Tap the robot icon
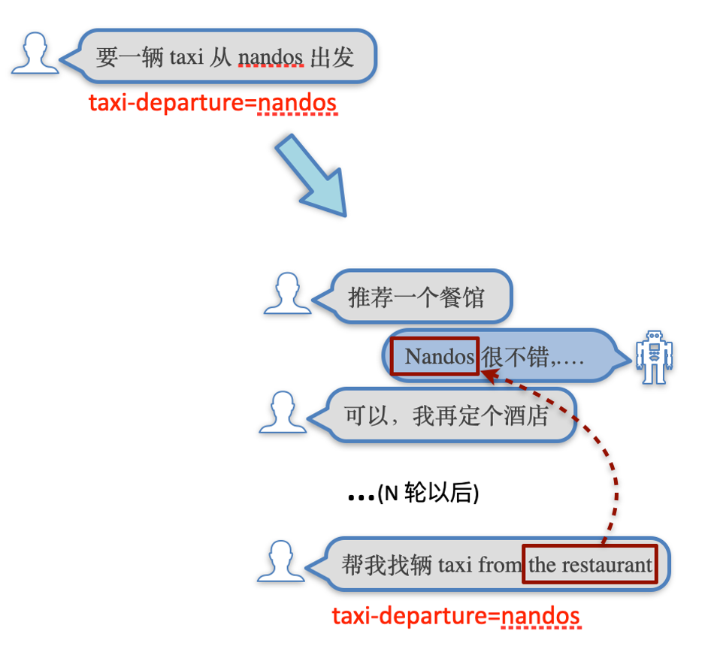pos(652,357)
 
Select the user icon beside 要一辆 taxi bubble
pos(35,54)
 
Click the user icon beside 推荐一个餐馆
pos(287,293)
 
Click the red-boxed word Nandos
pos(434,356)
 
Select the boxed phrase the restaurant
pos(590,564)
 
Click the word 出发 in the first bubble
pos(331,57)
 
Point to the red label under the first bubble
pos(213,102)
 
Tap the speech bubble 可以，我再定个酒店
pos(446,415)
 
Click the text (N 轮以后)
pos(428,494)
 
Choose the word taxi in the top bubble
pos(186,57)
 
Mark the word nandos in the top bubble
pos(271,57)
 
